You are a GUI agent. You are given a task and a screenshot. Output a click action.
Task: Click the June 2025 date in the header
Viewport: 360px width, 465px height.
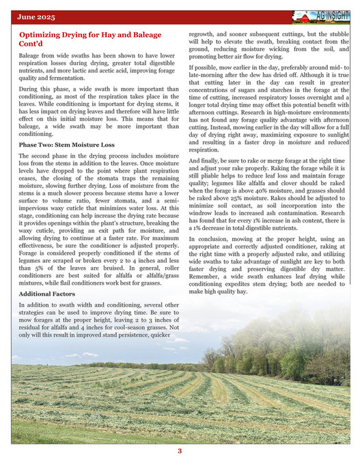click(x=37, y=16)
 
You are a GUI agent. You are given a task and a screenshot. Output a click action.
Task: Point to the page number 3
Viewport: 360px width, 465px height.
click(x=180, y=451)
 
